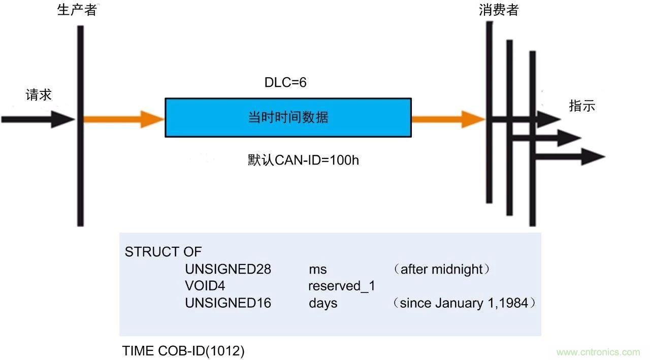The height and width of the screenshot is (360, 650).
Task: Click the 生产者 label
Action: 77,11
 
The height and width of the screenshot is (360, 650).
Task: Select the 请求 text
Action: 39,95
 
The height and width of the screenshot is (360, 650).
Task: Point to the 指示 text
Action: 582,106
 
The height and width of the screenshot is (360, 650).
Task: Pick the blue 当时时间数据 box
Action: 288,118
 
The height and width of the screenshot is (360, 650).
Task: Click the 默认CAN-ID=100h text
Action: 303,160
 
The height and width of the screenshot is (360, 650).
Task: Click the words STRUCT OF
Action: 163,252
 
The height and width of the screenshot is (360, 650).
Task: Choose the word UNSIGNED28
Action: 228,269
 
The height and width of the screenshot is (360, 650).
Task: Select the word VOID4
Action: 205,286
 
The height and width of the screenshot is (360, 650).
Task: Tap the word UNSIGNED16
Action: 228,303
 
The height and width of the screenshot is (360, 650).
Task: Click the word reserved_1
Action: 342,286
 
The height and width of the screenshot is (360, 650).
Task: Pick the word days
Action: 323,303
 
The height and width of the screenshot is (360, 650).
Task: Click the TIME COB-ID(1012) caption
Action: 183,350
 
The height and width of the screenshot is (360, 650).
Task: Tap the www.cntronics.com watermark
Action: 598,352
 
